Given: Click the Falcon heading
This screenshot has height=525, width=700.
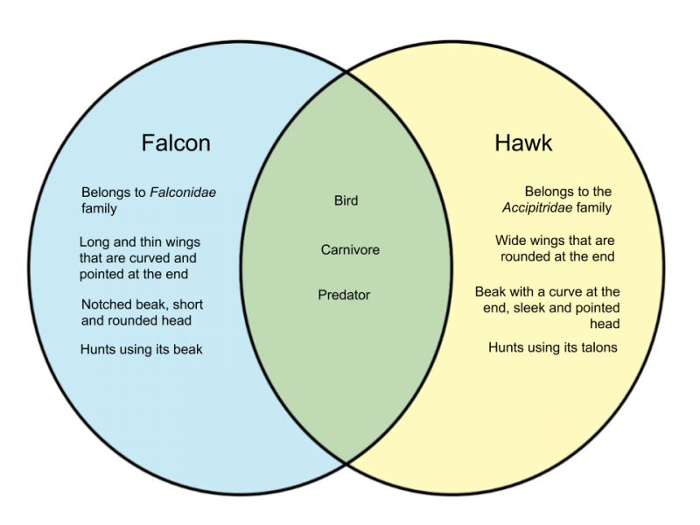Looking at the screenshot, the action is pyautogui.click(x=176, y=143).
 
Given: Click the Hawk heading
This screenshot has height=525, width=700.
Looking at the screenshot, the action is pyautogui.click(x=523, y=143).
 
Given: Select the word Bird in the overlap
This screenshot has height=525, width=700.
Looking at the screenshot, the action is pyautogui.click(x=346, y=200).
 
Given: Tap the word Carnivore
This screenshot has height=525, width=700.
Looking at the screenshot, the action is pyautogui.click(x=350, y=249).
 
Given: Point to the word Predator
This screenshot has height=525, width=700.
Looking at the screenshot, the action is pyautogui.click(x=344, y=295).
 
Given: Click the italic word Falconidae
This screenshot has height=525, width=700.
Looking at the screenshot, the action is pyautogui.click(x=183, y=192).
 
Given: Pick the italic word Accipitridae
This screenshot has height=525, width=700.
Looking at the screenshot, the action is pyautogui.click(x=537, y=207).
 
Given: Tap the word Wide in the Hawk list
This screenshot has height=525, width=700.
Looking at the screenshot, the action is pyautogui.click(x=509, y=240).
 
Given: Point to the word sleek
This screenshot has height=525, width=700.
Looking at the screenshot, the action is pyautogui.click(x=531, y=308).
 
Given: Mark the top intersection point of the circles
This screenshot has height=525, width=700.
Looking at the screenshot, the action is pyautogui.click(x=346, y=72).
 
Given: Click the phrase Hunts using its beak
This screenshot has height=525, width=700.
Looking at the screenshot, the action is pyautogui.click(x=142, y=349).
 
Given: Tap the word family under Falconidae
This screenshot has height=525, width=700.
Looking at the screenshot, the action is pyautogui.click(x=99, y=208).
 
